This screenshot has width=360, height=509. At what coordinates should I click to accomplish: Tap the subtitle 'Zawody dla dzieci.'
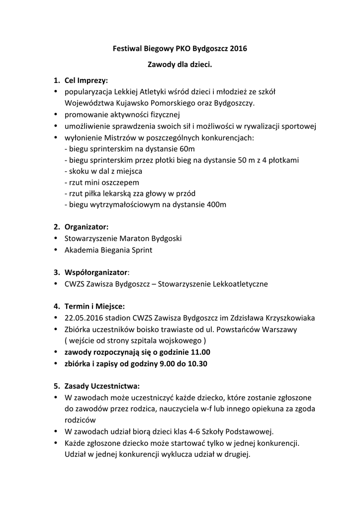pos(180,65)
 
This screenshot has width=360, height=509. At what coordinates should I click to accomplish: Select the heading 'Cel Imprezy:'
pos(86,80)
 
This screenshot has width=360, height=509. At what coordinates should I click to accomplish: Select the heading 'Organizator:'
pos(86,227)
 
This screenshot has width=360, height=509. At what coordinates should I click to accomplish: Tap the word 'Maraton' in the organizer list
pos(134,238)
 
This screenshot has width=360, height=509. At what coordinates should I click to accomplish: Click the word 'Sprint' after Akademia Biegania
pos(141,250)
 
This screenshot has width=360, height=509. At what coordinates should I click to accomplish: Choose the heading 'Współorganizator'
pos(96,272)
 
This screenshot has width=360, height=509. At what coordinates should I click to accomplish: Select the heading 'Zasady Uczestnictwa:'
pos(102,386)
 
